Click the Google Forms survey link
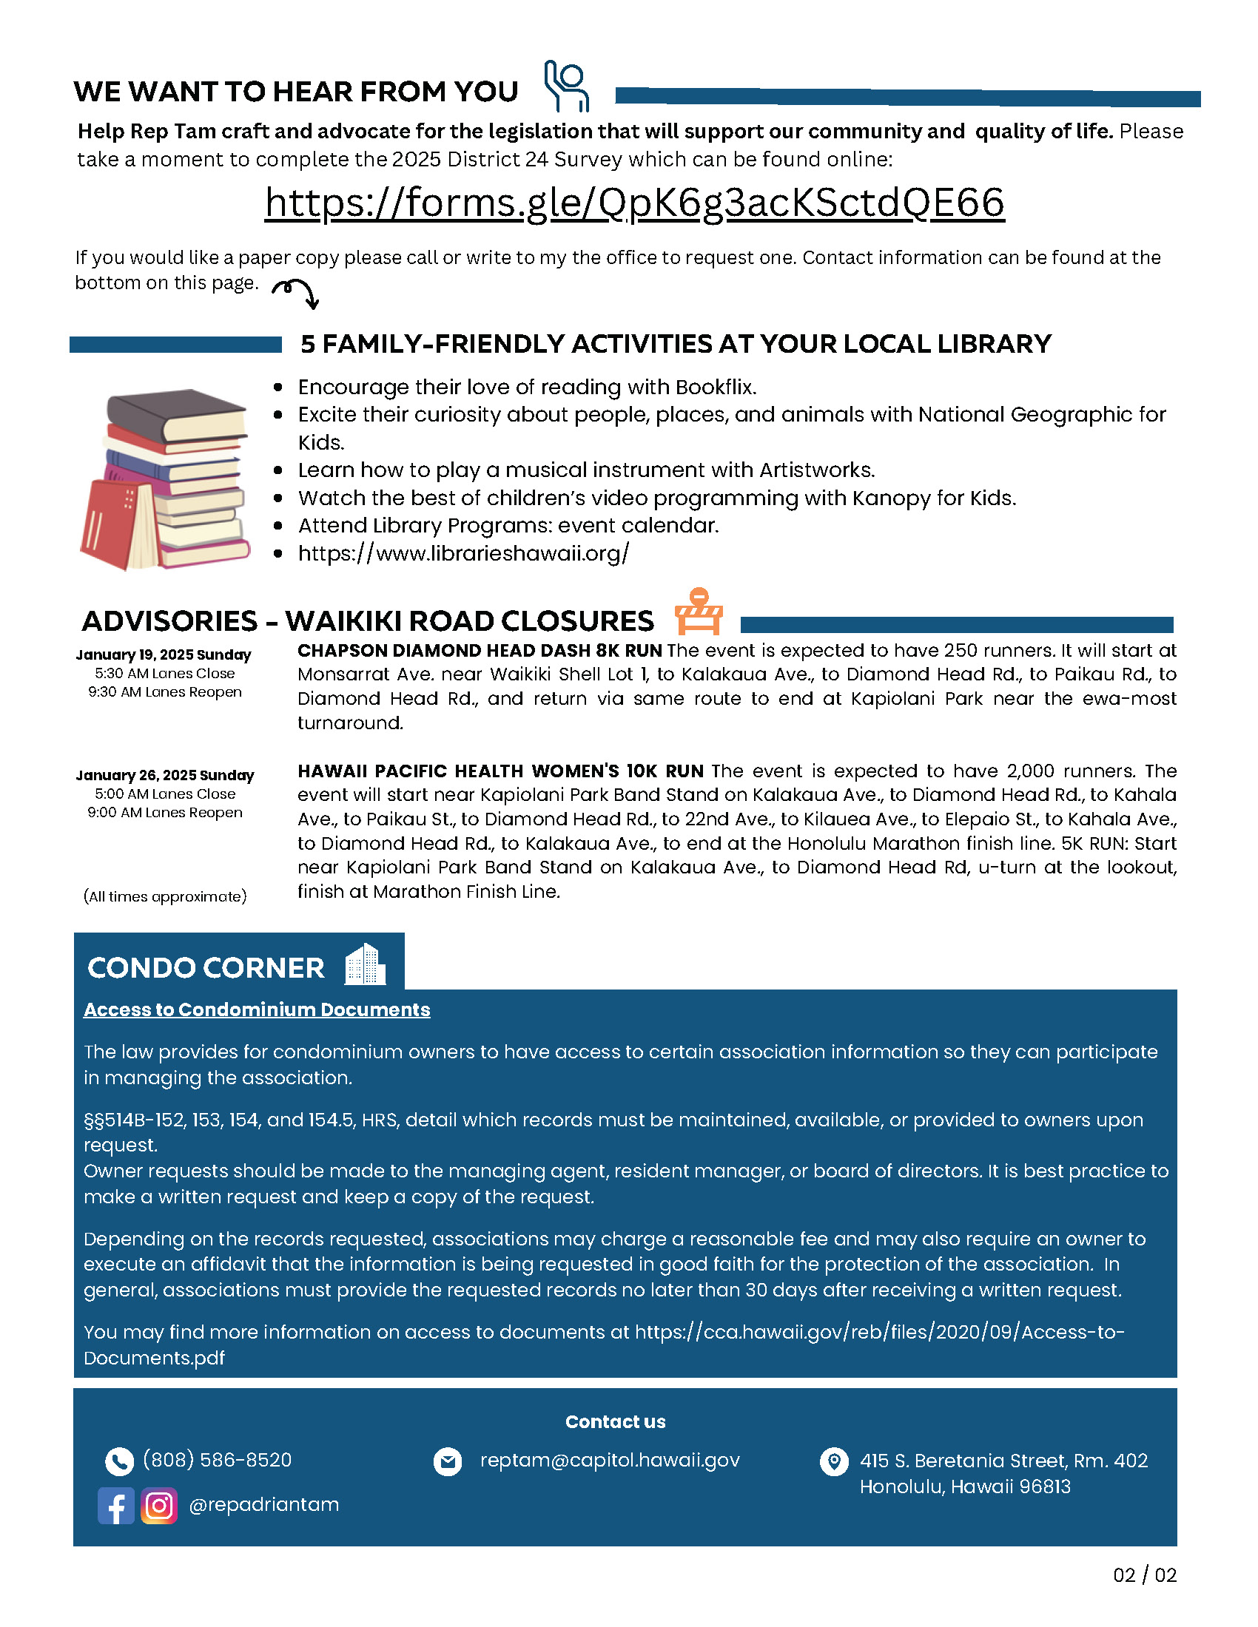(634, 203)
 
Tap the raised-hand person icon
(567, 87)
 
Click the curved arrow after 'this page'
(297, 292)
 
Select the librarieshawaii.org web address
(462, 553)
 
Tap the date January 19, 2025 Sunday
(164, 654)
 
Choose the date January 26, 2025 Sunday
(165, 776)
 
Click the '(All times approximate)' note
(165, 896)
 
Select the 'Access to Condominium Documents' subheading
(257, 1009)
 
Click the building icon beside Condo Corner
(365, 964)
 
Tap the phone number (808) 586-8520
(217, 1460)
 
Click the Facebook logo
(116, 1506)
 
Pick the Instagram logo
(159, 1506)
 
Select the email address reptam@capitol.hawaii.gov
(610, 1460)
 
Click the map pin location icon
(834, 1461)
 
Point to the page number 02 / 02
(1145, 1574)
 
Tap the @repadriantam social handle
(264, 1505)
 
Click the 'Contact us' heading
(615, 1421)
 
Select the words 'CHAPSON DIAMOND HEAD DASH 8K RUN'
(480, 650)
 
